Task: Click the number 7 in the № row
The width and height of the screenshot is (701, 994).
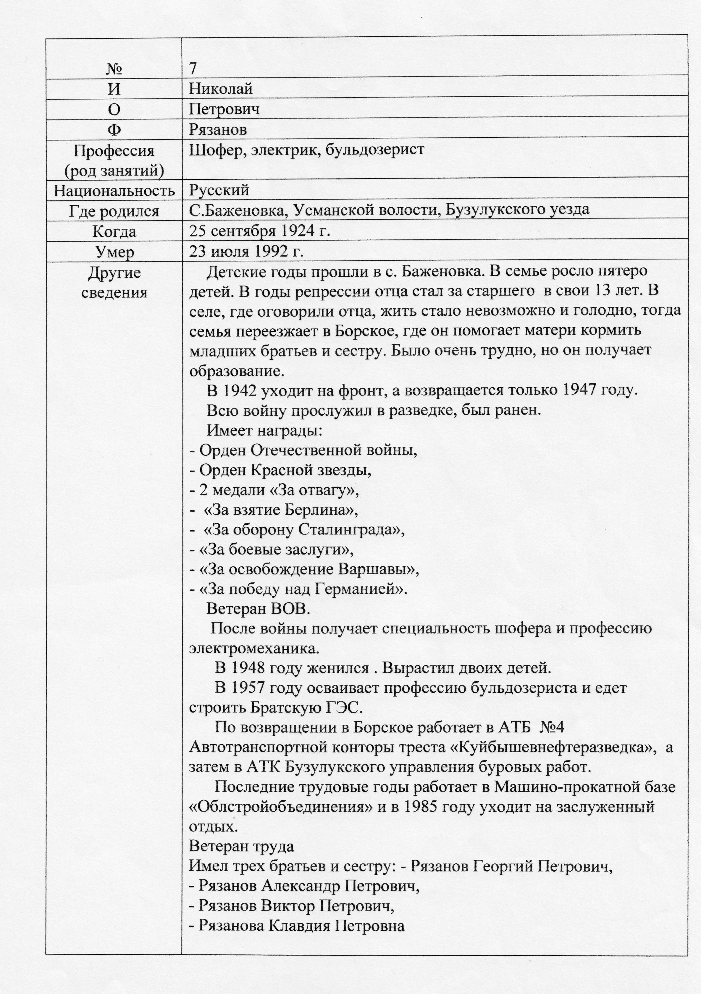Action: pyautogui.click(x=193, y=68)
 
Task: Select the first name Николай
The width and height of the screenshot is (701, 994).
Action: pyautogui.click(x=221, y=88)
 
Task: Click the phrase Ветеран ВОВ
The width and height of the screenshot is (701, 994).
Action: pyautogui.click(x=258, y=609)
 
